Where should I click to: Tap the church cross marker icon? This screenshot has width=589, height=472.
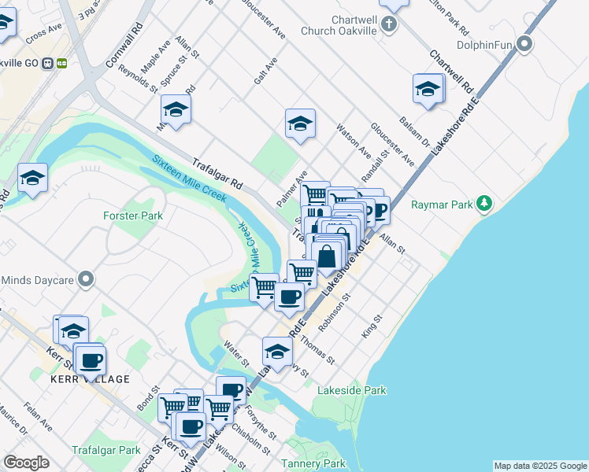point(389,24)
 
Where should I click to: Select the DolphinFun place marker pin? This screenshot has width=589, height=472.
point(526,45)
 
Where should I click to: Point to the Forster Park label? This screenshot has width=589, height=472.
point(132,216)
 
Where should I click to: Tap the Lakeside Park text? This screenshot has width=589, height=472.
point(351,390)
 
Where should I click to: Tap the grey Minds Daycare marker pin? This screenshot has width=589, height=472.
point(87,280)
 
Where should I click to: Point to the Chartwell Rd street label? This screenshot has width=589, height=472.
point(450,72)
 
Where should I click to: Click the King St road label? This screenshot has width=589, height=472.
point(371,326)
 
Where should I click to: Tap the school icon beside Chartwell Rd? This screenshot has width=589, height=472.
point(428,89)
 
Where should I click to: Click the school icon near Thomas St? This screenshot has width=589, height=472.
point(277,350)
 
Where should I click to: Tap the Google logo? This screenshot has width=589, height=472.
point(27,463)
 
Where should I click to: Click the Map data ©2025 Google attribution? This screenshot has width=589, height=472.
point(539,466)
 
